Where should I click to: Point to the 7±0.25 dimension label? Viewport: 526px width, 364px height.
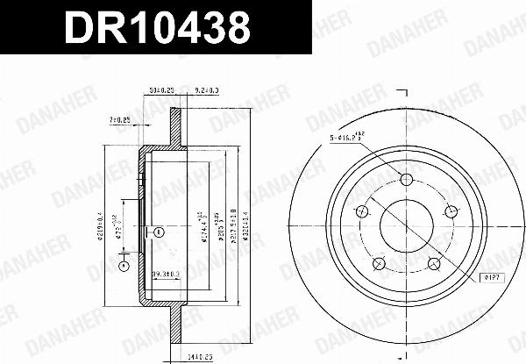pyautogui.click(x=119, y=118)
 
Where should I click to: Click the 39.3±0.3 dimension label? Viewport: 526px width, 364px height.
pyautogui.click(x=167, y=275)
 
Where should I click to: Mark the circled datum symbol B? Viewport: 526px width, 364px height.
pyautogui.click(x=158, y=232)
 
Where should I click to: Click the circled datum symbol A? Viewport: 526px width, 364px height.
pyautogui.click(x=124, y=266)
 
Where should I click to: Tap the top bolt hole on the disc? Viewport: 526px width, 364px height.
pyautogui.click(x=406, y=181)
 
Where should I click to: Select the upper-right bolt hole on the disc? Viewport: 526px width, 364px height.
pyautogui.click(x=451, y=211)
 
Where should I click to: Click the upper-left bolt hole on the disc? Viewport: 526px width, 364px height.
pyautogui.click(x=361, y=211)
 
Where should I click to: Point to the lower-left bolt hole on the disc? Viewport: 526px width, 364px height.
pyautogui.click(x=379, y=264)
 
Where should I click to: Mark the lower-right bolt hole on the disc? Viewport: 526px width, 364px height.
pyautogui.click(x=434, y=264)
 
